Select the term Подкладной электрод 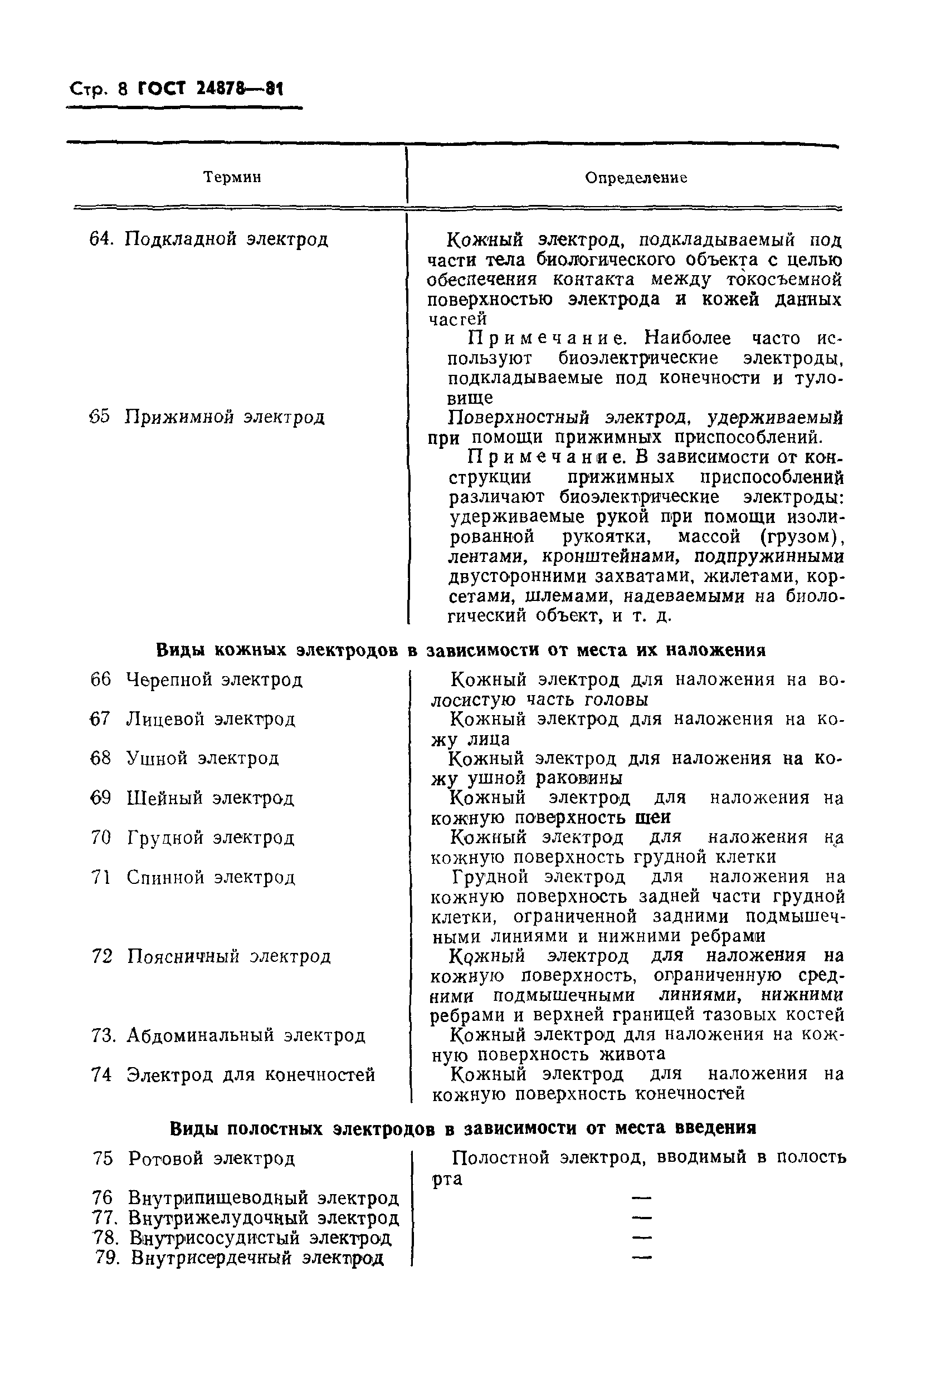(x=226, y=239)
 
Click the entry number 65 (x=100, y=417)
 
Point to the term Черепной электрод (x=214, y=680)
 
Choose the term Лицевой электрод (x=211, y=720)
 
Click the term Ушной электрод (x=202, y=759)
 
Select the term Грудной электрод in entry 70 (x=211, y=838)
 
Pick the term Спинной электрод (x=211, y=878)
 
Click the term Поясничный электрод (x=228, y=956)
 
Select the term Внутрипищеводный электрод (x=264, y=1198)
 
